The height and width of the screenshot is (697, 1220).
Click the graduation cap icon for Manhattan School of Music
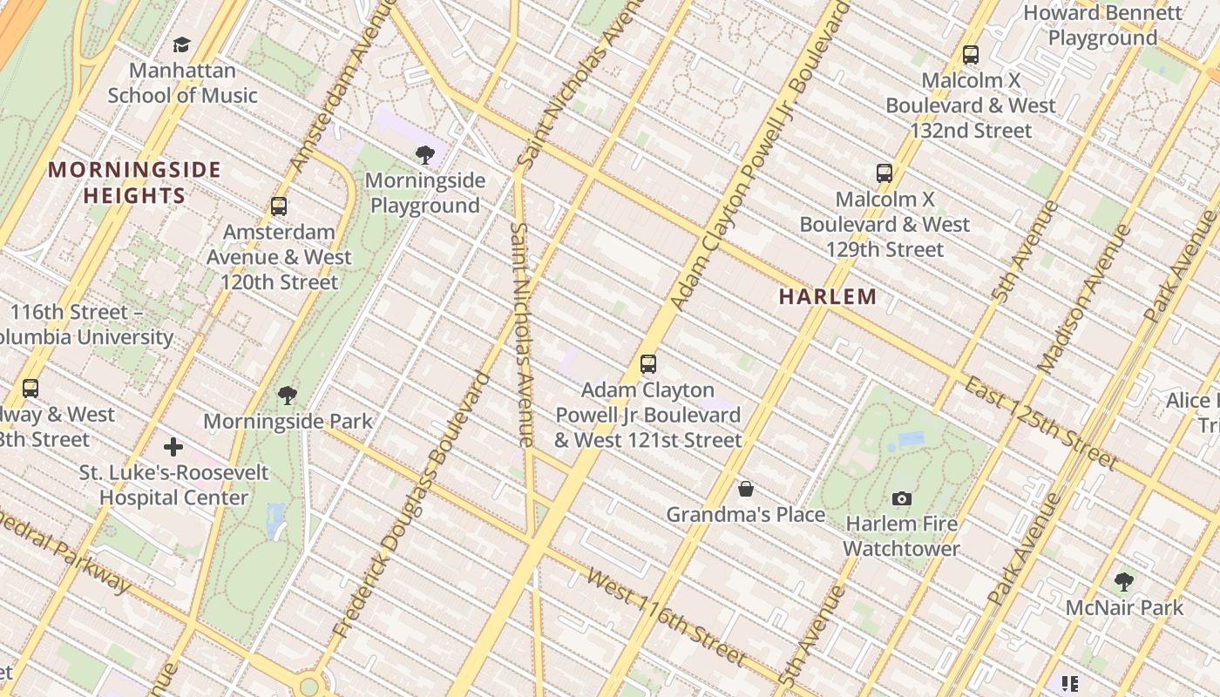181,44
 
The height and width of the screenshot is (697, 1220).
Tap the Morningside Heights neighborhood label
135,182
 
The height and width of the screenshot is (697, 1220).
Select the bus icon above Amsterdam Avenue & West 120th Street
279,206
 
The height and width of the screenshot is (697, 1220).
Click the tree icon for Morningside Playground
425,155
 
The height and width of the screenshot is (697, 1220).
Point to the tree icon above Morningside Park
288,396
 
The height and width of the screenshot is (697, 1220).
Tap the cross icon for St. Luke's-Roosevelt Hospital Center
173,447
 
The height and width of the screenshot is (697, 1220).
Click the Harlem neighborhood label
828,296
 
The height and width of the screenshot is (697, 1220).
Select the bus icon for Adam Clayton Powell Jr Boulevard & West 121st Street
647,364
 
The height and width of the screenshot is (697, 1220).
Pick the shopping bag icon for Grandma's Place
746,489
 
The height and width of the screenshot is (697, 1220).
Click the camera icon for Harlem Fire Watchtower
902,498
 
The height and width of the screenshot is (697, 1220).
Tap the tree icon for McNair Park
1124,581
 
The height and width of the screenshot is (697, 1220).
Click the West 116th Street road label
667,616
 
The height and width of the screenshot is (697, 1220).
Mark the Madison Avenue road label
1084,299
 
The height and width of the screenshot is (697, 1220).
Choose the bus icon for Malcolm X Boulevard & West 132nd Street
971,55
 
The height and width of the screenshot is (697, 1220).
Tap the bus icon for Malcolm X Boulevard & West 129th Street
884,173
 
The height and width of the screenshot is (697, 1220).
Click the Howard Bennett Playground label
1102,26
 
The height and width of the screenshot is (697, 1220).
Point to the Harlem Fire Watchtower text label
901,536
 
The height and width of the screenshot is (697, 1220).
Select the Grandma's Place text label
746,515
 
